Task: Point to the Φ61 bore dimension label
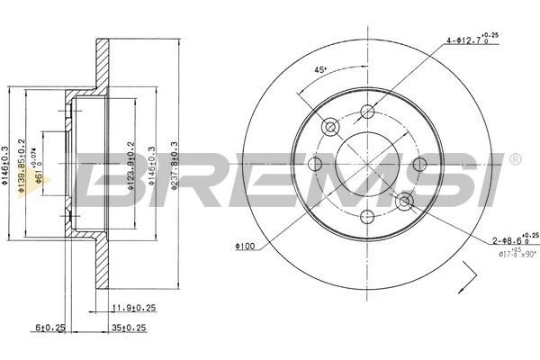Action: click(x=39, y=171)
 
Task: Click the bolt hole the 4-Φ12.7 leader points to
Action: click(x=367, y=112)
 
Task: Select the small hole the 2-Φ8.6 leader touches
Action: click(x=404, y=201)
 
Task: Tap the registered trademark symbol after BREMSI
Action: click(x=514, y=160)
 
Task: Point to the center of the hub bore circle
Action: click(x=367, y=164)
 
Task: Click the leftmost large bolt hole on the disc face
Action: click(x=315, y=164)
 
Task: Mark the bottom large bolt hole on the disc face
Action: click(x=367, y=216)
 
